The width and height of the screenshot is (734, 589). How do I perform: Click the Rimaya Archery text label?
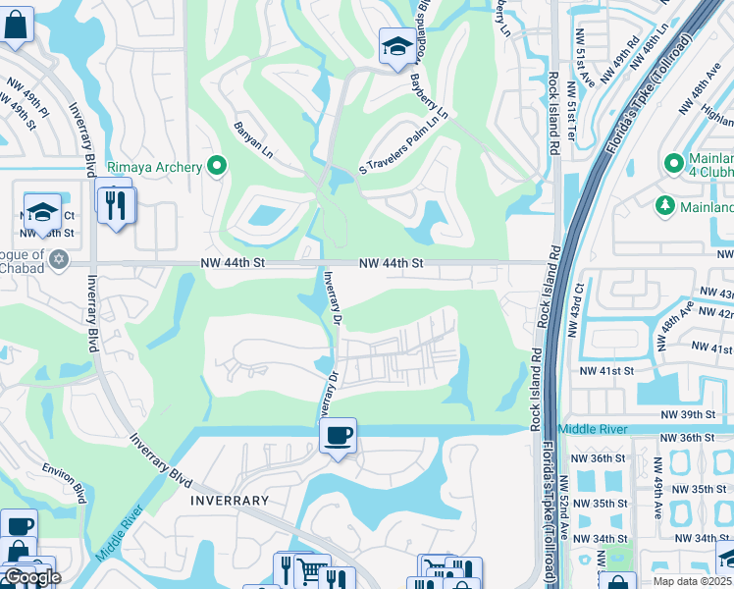[x=154, y=167]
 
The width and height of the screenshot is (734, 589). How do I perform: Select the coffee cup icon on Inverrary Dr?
[x=338, y=435]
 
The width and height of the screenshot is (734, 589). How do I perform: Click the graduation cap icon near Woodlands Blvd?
[x=396, y=46]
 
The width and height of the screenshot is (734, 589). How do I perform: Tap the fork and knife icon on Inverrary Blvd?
[x=117, y=205]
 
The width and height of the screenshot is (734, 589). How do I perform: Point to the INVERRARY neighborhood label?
[x=229, y=500]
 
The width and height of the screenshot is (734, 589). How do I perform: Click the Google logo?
[x=31, y=577]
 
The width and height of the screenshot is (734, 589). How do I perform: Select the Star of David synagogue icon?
[x=59, y=259]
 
